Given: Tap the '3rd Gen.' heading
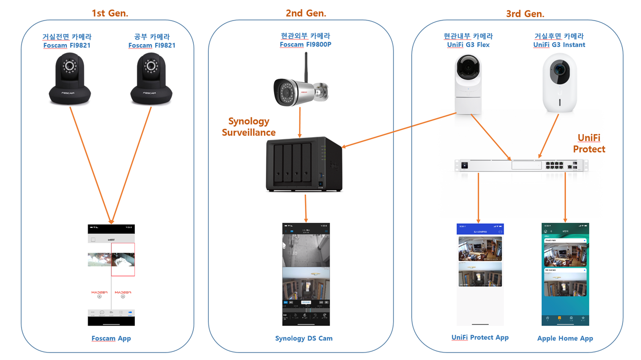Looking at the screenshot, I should pyautogui.click(x=524, y=14).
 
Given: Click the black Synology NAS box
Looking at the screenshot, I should pyautogui.click(x=303, y=164).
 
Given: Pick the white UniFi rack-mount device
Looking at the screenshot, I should pyautogui.click(x=521, y=165).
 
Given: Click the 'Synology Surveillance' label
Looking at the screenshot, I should pyautogui.click(x=249, y=127).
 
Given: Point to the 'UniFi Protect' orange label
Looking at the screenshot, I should pyautogui.click(x=589, y=143).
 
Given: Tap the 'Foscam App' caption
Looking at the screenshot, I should pyautogui.click(x=111, y=338).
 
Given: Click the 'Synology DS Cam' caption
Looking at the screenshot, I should pyautogui.click(x=303, y=338).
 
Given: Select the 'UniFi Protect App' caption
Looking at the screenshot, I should pyautogui.click(x=480, y=337).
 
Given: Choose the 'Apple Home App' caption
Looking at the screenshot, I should pyautogui.click(x=565, y=338).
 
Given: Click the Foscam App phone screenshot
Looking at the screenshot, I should pyautogui.click(x=111, y=275).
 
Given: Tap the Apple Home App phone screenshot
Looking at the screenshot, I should pyautogui.click(x=565, y=274).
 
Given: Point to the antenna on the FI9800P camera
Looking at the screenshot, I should pyautogui.click(x=305, y=65).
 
